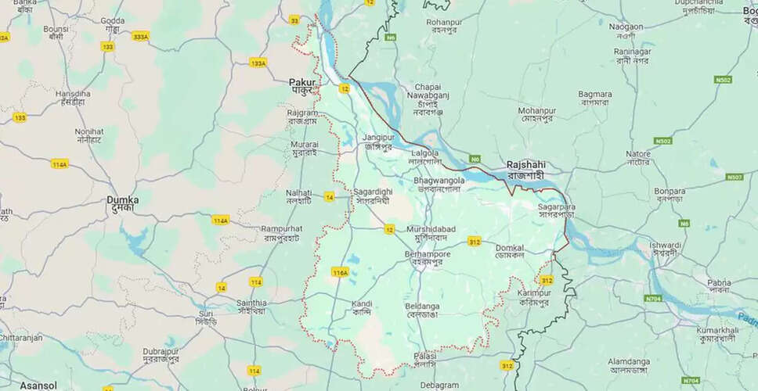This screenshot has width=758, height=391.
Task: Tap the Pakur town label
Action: tap(302, 82)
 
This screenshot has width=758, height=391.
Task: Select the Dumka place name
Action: tap(123, 200)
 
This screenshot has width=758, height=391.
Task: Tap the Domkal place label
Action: tap(510, 248)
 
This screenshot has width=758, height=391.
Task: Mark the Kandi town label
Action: tap(362, 303)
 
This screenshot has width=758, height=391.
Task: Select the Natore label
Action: tap(638, 154)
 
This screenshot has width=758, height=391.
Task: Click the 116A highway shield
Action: tap(339, 272)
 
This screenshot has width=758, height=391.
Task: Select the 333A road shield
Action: tap(140, 36)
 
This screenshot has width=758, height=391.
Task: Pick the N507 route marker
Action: tap(734, 177)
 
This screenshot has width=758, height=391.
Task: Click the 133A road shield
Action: tap(258, 63)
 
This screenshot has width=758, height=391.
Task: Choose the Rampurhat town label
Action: tap(281, 228)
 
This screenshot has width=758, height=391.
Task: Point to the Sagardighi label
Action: tap(373, 192)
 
